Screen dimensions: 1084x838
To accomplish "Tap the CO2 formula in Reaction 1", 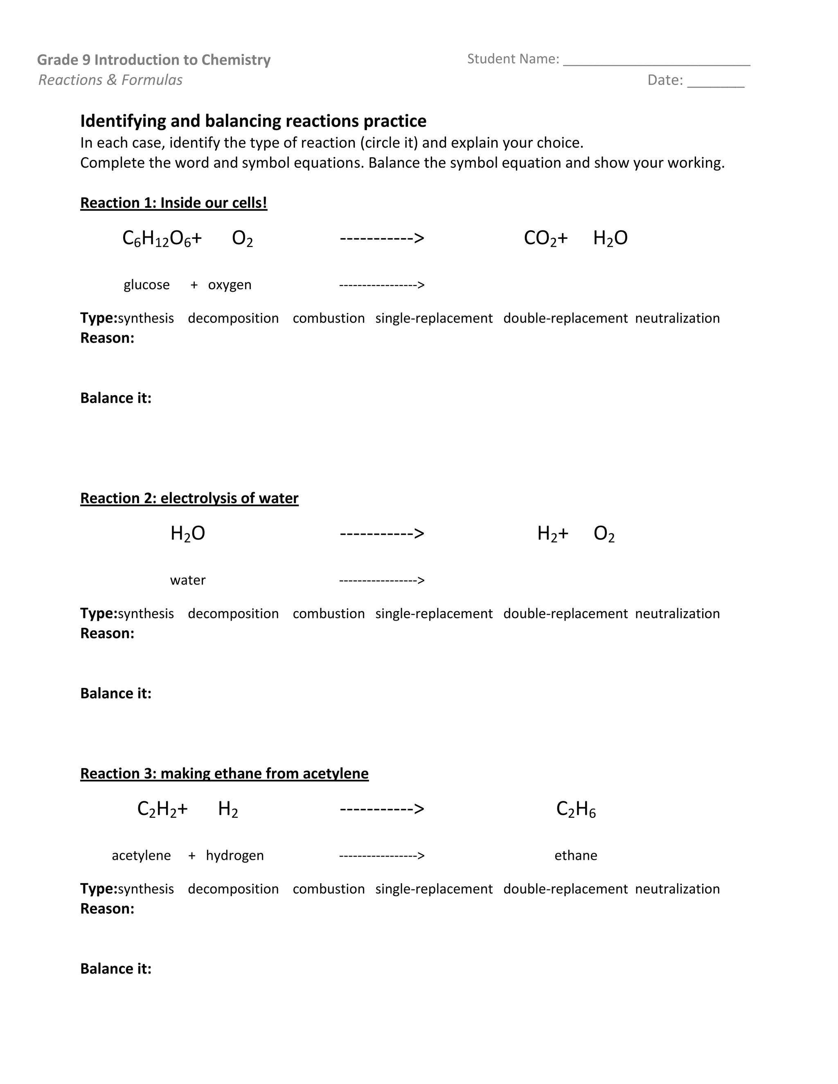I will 540,239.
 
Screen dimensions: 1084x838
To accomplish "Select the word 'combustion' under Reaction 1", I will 329,318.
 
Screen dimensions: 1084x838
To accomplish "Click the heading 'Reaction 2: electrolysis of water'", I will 189,498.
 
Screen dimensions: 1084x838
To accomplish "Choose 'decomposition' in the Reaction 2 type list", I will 233,614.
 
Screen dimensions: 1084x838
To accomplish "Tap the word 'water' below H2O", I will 188,580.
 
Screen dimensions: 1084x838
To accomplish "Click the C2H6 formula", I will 576,810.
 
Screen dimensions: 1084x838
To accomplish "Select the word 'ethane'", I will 576,855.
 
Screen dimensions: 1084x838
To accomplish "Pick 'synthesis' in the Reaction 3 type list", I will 146,889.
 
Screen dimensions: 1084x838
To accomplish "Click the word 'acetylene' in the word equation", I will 141,855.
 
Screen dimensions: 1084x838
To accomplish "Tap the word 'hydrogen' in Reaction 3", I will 235,856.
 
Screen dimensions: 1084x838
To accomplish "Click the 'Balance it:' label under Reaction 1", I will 116,398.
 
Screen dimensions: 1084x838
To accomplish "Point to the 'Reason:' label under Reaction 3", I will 107,909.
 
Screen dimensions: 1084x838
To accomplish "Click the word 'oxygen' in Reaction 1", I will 230,285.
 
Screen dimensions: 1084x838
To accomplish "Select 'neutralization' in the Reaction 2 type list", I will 677,614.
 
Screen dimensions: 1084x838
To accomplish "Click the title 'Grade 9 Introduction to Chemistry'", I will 154,60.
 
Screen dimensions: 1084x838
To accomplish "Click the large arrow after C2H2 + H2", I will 382,809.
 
